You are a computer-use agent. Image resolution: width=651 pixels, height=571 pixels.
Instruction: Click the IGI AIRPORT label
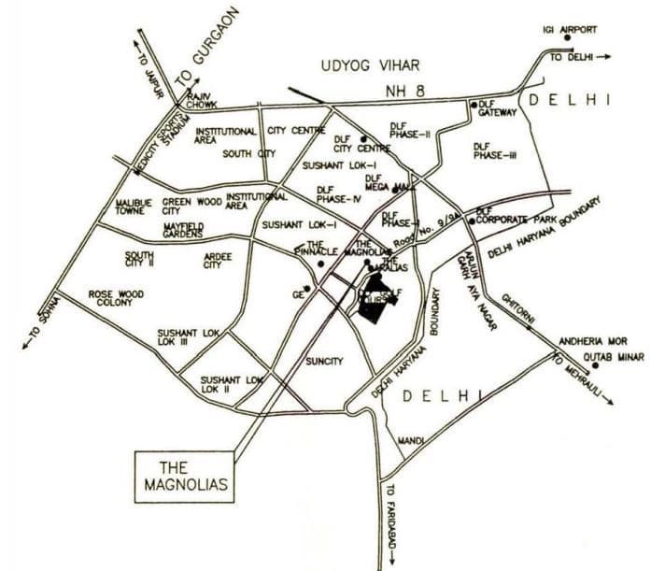click(x=570, y=29)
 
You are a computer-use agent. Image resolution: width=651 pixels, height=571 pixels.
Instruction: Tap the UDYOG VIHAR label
click(x=371, y=65)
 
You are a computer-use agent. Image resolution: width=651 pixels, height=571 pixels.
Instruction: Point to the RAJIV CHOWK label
click(x=202, y=100)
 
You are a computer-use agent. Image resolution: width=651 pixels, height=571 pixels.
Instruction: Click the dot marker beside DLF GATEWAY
click(x=474, y=104)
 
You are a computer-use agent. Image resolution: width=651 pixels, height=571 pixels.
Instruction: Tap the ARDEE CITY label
click(x=217, y=259)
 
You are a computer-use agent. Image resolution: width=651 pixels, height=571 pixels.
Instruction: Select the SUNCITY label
click(x=325, y=361)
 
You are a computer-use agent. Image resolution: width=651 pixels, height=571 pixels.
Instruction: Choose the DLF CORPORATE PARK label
click(x=516, y=217)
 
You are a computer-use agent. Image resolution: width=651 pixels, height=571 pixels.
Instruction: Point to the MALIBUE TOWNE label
click(x=134, y=207)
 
